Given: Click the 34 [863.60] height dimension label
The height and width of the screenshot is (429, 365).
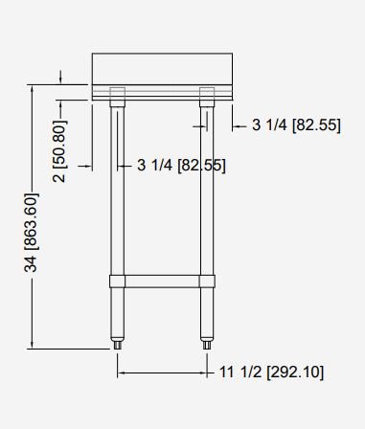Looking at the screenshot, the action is [32, 232].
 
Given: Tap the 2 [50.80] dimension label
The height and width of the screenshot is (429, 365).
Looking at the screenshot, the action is [59, 151].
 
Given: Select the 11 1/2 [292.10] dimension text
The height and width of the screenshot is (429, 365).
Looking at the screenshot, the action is [271, 372].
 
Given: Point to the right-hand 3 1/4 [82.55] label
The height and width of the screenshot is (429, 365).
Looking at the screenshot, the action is [296, 124].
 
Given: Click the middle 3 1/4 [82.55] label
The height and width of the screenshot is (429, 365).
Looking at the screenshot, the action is [181, 165].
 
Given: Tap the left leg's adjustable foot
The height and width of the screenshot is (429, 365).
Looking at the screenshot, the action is [118, 345].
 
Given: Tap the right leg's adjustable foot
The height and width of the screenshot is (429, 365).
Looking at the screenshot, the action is [207, 345].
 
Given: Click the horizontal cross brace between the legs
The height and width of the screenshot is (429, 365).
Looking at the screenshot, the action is [162, 282].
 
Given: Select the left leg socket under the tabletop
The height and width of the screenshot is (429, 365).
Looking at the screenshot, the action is [117, 97].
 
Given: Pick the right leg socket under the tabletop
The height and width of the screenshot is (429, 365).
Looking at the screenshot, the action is [207, 97].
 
